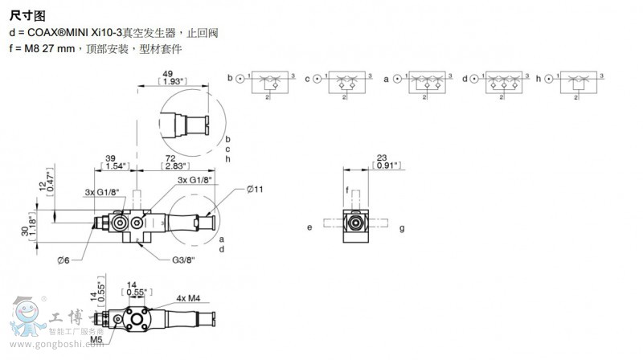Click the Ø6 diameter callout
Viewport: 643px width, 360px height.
tap(65, 259)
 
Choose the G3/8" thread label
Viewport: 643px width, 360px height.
tap(182, 260)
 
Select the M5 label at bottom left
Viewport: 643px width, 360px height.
tap(96, 340)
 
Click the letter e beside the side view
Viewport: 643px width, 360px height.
tap(309, 227)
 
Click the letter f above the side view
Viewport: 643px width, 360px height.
tap(347, 190)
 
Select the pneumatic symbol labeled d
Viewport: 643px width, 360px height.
tap(502, 82)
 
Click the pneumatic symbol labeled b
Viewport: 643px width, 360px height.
tap(267, 82)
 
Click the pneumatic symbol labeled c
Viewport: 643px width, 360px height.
tap(346, 82)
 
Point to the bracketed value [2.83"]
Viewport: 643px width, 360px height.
tap(170, 166)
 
